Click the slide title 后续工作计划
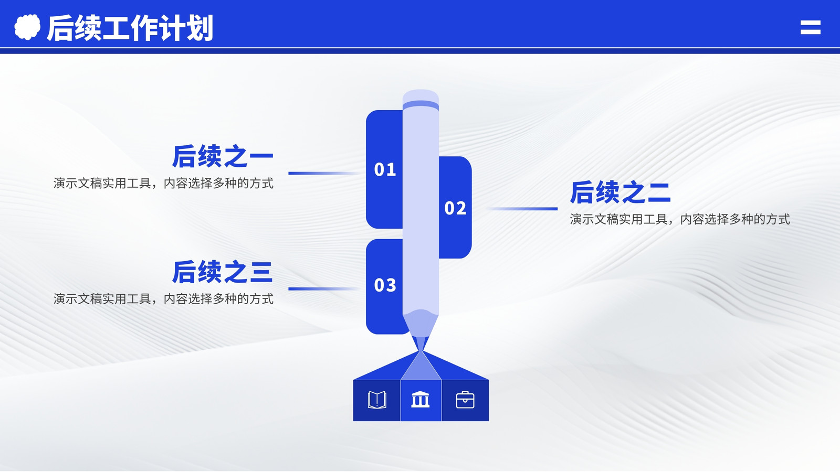point(130,28)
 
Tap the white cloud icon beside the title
point(27,27)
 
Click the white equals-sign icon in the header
point(811,27)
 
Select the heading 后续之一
point(223,156)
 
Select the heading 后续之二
point(620,192)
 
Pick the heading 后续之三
point(222,272)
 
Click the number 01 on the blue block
point(385,170)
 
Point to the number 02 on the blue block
point(455,208)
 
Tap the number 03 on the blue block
point(385,285)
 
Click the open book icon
point(377,400)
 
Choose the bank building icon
point(421,399)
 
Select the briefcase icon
point(465,400)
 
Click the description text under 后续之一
point(163,184)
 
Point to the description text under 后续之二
point(680,220)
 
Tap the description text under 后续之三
point(163,299)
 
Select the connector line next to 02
point(522,209)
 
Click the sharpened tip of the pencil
point(421,351)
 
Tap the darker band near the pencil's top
point(421,105)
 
